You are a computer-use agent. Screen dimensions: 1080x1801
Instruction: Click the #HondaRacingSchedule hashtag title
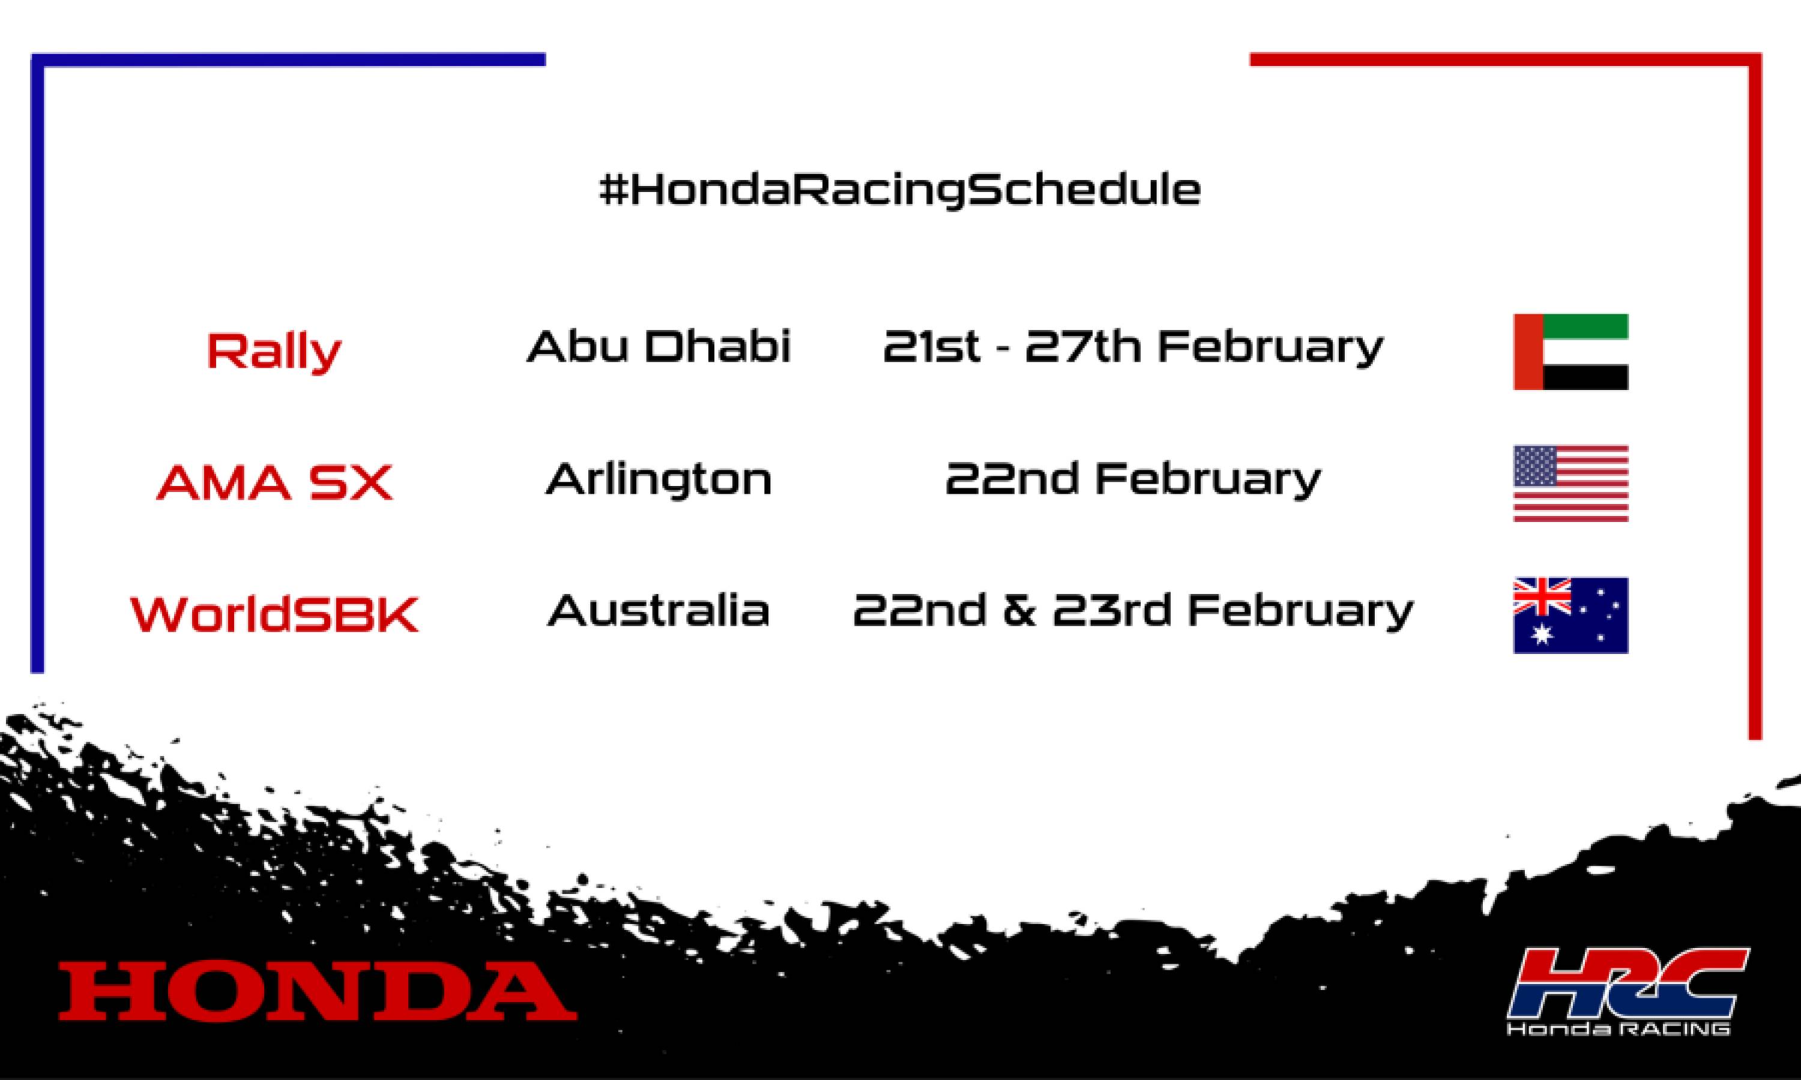point(900,191)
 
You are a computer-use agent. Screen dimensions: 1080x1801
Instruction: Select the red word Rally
point(274,352)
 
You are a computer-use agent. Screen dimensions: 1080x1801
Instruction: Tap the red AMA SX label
point(274,482)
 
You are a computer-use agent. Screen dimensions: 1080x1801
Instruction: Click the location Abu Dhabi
point(658,346)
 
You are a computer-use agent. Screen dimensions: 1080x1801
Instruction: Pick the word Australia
point(658,610)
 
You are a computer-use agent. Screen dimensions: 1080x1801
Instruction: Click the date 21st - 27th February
point(1133,346)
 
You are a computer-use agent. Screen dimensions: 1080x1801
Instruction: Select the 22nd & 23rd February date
point(1133,610)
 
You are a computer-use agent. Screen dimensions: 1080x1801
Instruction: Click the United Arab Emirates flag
point(1570,352)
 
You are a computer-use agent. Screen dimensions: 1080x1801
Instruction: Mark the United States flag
point(1570,483)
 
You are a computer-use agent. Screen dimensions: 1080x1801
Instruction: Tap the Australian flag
point(1570,615)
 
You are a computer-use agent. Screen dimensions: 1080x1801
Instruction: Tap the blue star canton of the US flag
point(1534,466)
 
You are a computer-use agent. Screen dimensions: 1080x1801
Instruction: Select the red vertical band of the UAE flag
point(1527,352)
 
